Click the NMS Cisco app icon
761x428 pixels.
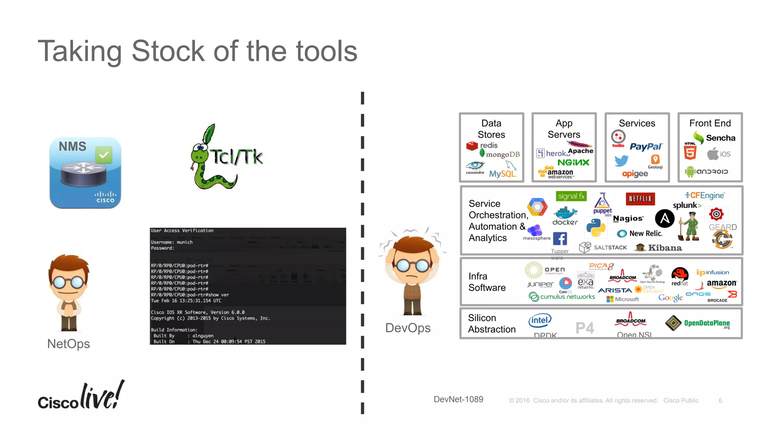coord(85,173)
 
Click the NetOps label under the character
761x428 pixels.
coord(68,344)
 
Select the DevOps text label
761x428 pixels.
coord(408,328)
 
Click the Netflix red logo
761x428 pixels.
coord(640,199)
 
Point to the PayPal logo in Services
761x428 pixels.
coord(646,146)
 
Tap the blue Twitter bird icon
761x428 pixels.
coord(621,161)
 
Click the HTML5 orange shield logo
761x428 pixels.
coord(690,152)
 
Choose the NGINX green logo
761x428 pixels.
coord(573,162)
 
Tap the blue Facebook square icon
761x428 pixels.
coord(560,239)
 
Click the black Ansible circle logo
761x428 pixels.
coord(664,218)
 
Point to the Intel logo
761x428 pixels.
coord(540,320)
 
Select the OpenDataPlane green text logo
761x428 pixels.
coord(706,323)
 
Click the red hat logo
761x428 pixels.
coord(680,276)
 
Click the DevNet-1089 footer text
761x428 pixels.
coord(458,399)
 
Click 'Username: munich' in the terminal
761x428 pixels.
coord(172,242)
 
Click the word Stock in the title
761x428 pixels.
coord(168,51)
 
